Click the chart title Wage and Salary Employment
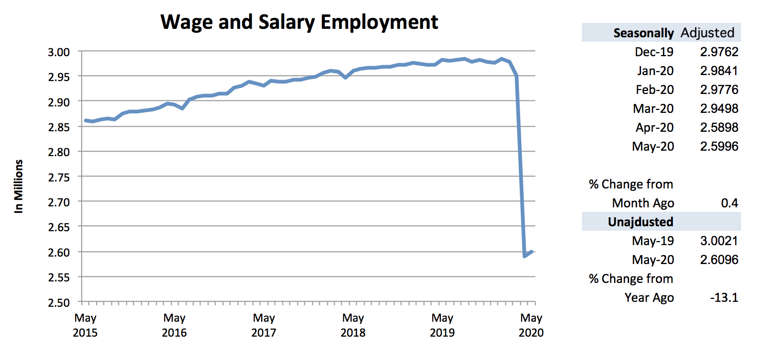(299, 22)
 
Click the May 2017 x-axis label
(264, 325)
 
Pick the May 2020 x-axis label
(531, 325)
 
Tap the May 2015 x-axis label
(86, 325)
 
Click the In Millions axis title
(19, 186)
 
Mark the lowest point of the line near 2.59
(525, 256)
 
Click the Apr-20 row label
(654, 127)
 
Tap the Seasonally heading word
(644, 33)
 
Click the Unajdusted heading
(641, 222)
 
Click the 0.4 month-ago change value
(731, 203)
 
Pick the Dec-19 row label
(654, 52)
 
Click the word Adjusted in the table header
(707, 33)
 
